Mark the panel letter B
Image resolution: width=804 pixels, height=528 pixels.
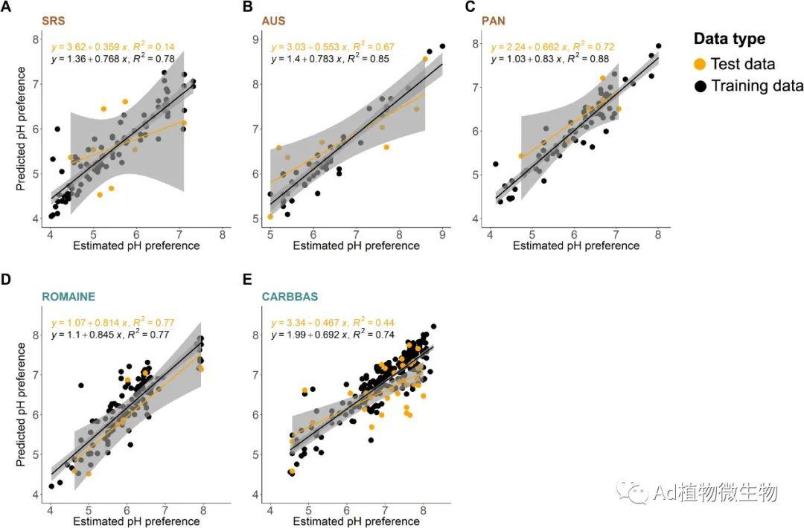click(x=249, y=7)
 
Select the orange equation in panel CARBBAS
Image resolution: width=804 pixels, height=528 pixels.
click(x=332, y=323)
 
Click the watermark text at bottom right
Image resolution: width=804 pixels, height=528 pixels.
click(x=715, y=492)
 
